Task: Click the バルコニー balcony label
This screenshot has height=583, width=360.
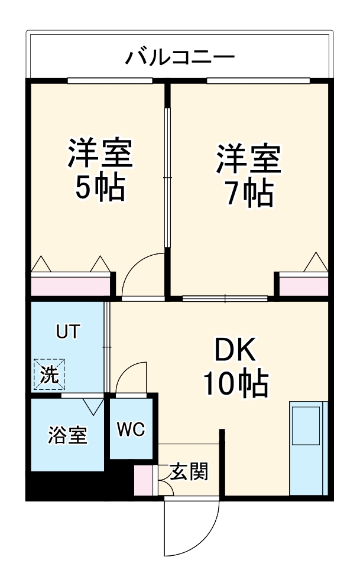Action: click(x=180, y=58)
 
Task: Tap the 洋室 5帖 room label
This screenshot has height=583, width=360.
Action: click(x=99, y=170)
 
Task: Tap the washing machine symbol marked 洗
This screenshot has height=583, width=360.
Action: click(x=50, y=374)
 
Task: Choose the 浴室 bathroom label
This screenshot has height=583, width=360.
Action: click(x=67, y=436)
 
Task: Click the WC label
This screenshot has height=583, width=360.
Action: click(x=131, y=429)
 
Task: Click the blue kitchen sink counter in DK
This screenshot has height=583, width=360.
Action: click(x=307, y=448)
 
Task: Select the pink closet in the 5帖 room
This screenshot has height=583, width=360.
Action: click(x=70, y=285)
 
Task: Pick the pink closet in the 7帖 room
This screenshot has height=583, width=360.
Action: click(x=303, y=285)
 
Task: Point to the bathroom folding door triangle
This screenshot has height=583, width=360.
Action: click(x=93, y=405)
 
